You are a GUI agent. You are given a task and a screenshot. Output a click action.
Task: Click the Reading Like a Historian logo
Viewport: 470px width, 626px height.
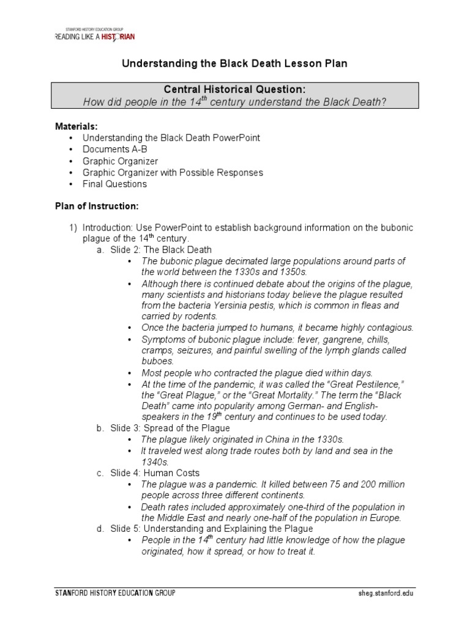[x=95, y=35]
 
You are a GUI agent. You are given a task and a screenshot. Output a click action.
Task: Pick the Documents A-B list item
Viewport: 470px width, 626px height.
[x=115, y=149]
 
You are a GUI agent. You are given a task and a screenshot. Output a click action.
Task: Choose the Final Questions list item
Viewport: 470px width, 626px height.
[x=115, y=184]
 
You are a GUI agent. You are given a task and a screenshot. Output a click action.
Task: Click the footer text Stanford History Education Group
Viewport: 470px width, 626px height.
[x=115, y=593]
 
